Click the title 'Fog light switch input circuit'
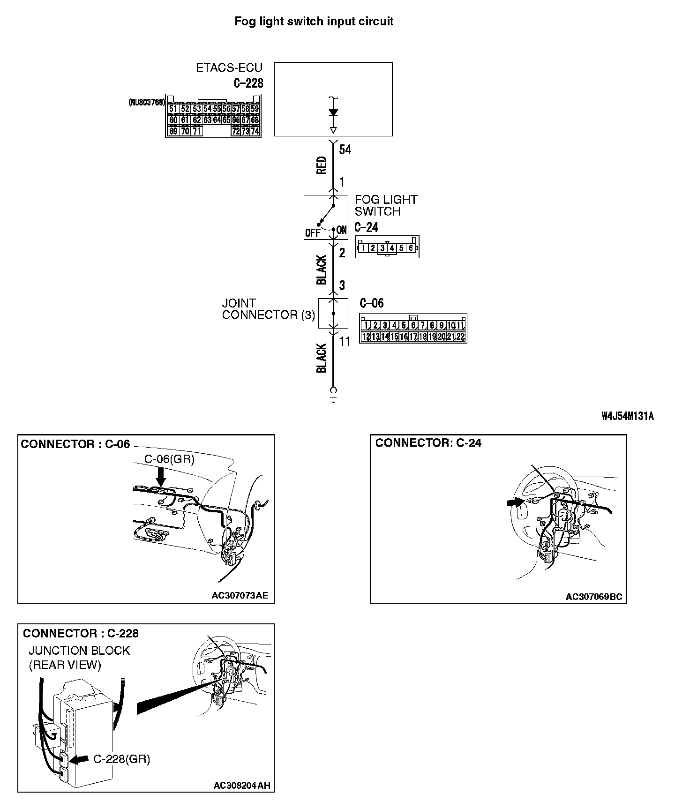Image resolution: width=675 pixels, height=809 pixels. [314, 21]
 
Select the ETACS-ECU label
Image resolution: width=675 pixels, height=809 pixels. [229, 67]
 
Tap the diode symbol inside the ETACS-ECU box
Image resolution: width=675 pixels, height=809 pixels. [333, 112]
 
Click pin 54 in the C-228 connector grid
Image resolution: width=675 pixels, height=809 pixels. [208, 109]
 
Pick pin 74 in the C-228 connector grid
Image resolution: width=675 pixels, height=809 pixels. [255, 131]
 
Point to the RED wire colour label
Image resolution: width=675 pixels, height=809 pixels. [322, 165]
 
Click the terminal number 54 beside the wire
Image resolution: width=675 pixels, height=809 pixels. [345, 150]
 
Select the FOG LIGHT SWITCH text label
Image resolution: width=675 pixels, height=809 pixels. [385, 205]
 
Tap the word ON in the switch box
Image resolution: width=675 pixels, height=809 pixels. [342, 230]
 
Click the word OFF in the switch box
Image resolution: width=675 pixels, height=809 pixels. [312, 232]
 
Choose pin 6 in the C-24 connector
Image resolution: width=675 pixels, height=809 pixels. [411, 247]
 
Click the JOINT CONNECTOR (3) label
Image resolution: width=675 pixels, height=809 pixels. [269, 309]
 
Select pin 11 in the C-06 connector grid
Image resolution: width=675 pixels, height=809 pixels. [461, 325]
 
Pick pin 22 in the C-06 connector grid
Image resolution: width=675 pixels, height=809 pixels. [460, 336]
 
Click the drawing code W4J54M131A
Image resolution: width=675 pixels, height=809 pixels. [628, 416]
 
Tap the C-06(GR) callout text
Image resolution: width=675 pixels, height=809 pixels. [169, 459]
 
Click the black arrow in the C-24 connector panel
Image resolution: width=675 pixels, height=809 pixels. [515, 502]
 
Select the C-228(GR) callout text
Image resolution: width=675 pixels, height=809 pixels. [121, 759]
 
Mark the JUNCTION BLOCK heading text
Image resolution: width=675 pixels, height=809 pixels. [79, 651]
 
